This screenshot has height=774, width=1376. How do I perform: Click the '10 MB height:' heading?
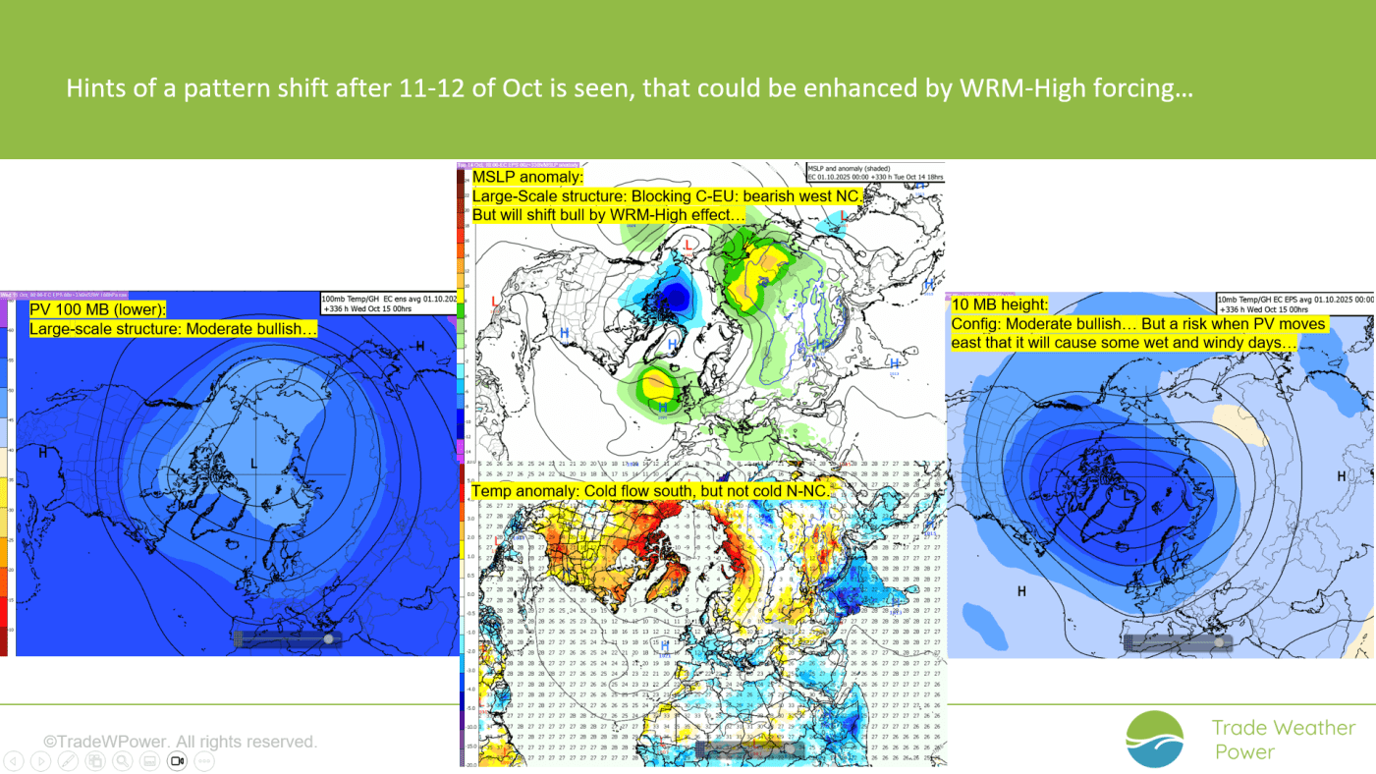(x=1000, y=304)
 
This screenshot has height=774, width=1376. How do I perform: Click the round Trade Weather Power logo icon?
(x=1155, y=739)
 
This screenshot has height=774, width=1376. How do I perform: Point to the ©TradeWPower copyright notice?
(x=180, y=742)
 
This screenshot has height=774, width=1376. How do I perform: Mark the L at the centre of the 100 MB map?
(x=253, y=462)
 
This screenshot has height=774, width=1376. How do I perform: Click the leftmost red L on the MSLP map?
(x=494, y=300)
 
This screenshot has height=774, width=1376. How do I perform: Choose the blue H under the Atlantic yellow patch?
(x=662, y=406)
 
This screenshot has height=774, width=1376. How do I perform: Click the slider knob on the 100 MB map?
(x=328, y=638)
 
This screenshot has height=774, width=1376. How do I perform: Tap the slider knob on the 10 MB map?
(x=1219, y=641)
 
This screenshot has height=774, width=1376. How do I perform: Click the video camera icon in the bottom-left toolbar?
(x=178, y=760)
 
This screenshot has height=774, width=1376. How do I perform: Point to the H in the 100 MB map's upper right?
(x=419, y=346)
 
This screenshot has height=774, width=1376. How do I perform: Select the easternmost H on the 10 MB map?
(x=1342, y=476)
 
